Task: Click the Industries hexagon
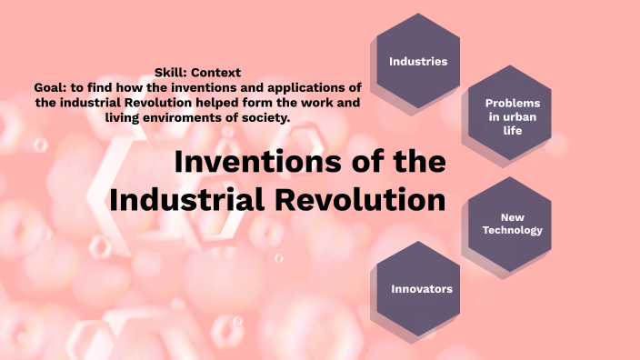tap(418, 61)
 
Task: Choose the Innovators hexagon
tap(421, 288)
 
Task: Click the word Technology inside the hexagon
tap(512, 230)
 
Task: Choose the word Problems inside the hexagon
tap(513, 104)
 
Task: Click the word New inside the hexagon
tap(512, 216)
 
